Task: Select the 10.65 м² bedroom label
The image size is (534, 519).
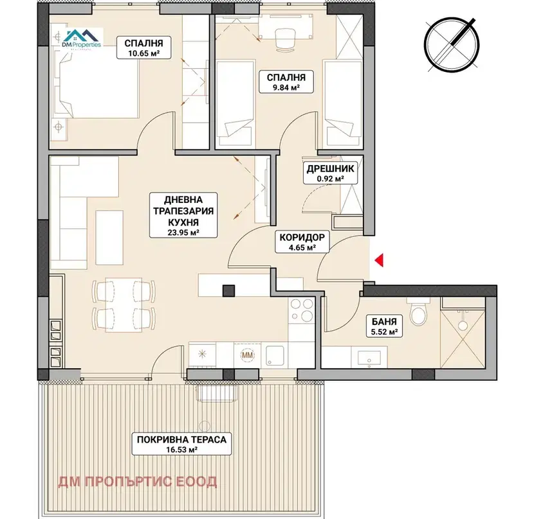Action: (143, 48)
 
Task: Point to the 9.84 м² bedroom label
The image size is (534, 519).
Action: (286, 82)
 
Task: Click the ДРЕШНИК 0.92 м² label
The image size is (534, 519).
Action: (330, 173)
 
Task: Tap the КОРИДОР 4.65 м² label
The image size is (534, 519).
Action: (302, 242)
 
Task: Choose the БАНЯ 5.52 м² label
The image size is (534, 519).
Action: (384, 326)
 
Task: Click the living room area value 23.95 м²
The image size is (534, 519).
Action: (183, 233)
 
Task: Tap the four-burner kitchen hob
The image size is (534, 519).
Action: (302, 309)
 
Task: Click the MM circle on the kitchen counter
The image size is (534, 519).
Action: (248, 355)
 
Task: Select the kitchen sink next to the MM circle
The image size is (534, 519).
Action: (275, 355)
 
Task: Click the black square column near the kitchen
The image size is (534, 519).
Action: (229, 291)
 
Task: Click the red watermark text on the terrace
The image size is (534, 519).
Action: (138, 482)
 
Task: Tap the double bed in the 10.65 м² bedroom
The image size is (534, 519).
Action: (95, 88)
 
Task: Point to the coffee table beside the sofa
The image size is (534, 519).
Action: (109, 238)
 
